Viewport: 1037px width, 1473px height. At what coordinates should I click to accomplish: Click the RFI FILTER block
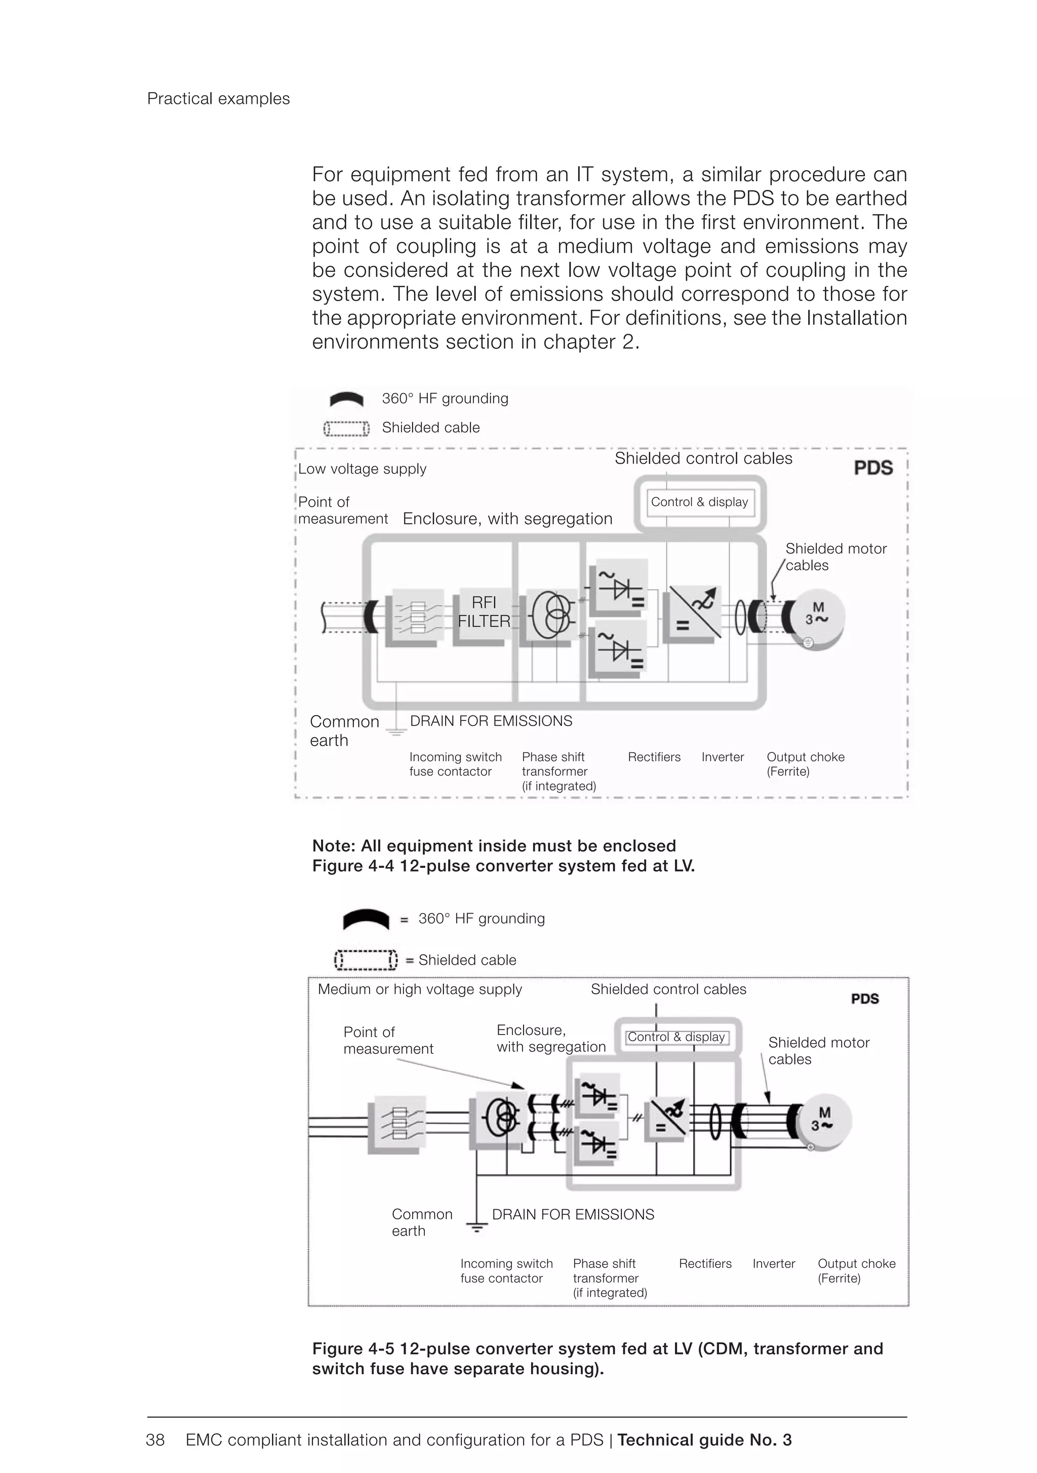(484, 612)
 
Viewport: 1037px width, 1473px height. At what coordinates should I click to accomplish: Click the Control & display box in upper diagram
(699, 502)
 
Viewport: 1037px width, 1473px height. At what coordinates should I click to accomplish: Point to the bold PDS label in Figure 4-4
(873, 468)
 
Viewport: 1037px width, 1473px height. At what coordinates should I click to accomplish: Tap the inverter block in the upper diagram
(692, 613)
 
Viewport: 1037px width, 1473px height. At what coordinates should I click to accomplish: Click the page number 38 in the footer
(155, 1440)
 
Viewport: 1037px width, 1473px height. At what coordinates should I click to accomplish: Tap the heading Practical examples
(218, 99)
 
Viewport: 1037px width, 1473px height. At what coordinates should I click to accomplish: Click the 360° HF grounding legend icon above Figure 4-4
(346, 399)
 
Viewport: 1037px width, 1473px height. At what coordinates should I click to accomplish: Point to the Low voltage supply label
(362, 469)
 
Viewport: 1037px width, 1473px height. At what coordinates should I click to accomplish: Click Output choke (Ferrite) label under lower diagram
(856, 1270)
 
